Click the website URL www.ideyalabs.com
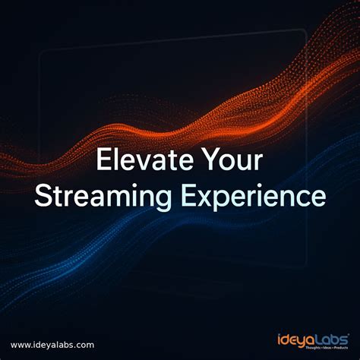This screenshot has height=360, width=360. pos(53,344)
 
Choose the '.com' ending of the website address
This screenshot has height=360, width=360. pos(85,344)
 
